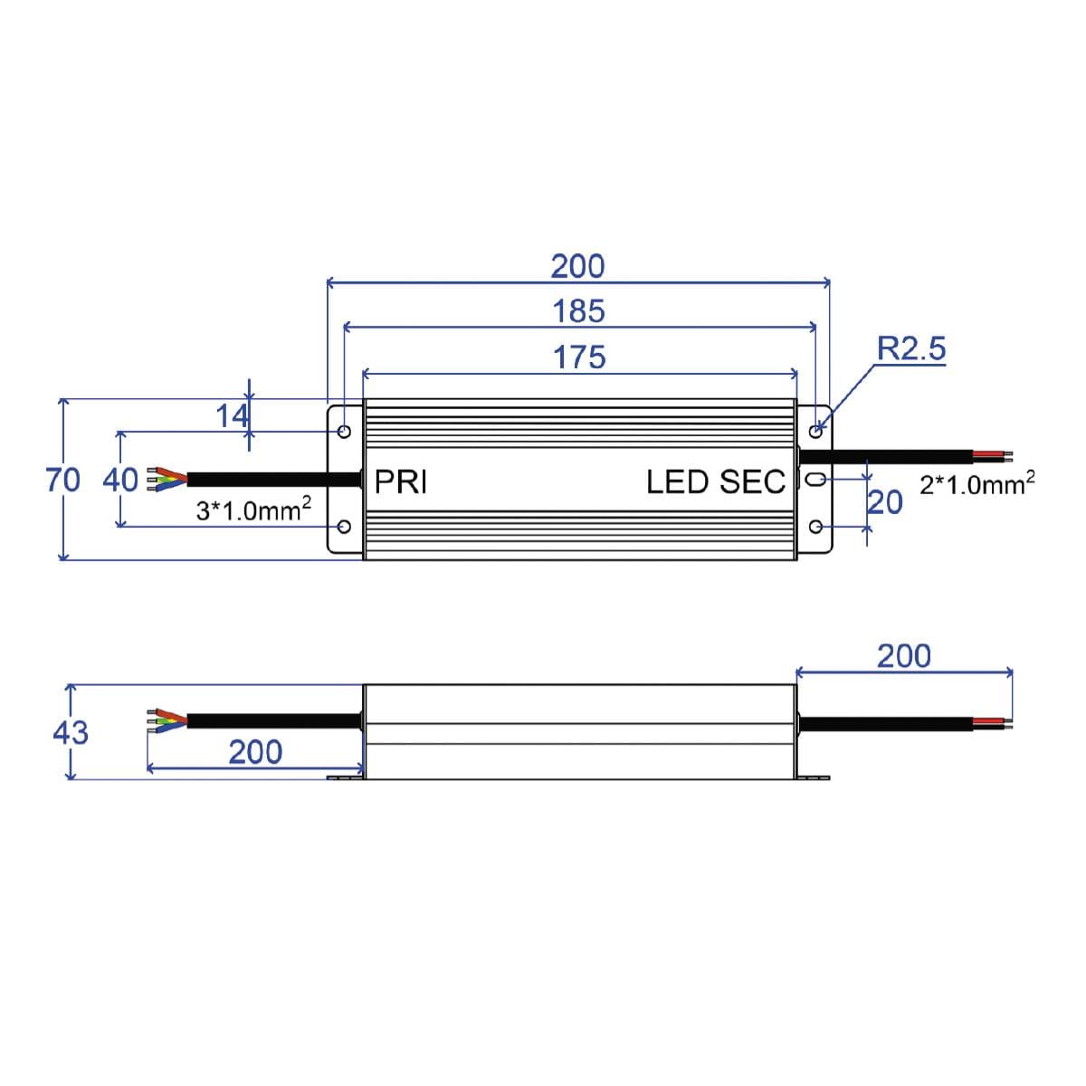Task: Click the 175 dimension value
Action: pyautogui.click(x=579, y=357)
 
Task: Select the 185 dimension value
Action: pyautogui.click(x=578, y=311)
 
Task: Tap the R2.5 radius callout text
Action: pyautogui.click(x=910, y=348)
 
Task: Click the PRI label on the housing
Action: pyautogui.click(x=400, y=481)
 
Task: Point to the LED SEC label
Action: pyautogui.click(x=715, y=481)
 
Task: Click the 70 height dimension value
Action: pyautogui.click(x=63, y=480)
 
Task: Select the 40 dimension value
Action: pyautogui.click(x=119, y=480)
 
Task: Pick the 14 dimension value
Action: pyautogui.click(x=232, y=416)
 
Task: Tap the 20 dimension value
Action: pyautogui.click(x=885, y=502)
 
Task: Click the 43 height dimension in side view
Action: pyautogui.click(x=71, y=731)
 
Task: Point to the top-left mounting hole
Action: pyautogui.click(x=344, y=431)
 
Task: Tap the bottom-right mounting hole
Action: pyautogui.click(x=814, y=527)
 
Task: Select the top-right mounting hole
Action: pyautogui.click(x=815, y=431)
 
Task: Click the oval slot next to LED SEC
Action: pyautogui.click(x=814, y=480)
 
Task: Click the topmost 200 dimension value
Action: pyautogui.click(x=577, y=266)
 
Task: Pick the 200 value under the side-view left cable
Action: pyautogui.click(x=254, y=752)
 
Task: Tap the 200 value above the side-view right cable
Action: pyautogui.click(x=903, y=656)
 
